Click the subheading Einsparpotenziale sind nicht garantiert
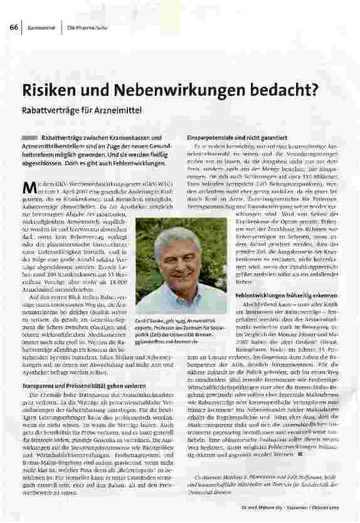(x=237, y=137)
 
